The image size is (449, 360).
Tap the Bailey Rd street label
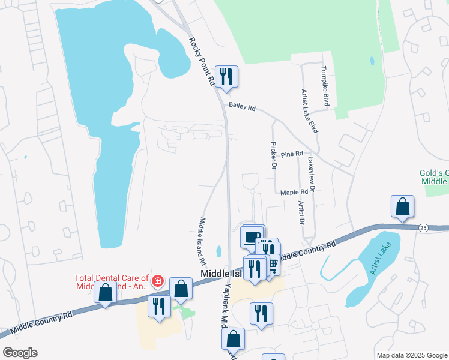tap(242, 107)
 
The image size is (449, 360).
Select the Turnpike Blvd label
tap(325, 86)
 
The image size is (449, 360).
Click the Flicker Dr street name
tap(273, 155)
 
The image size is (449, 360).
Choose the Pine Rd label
tap(292, 155)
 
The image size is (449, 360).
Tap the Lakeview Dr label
tap(311, 175)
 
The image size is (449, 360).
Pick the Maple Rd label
tap(294, 192)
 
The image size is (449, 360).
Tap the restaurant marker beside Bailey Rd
tap(226, 76)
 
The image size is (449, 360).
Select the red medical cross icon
tap(158, 280)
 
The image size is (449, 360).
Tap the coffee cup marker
tap(252, 236)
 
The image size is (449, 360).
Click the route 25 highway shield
tap(423, 228)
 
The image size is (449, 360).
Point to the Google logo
tap(19, 353)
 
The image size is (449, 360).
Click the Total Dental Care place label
tap(111, 282)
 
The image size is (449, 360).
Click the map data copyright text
tap(412, 355)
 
